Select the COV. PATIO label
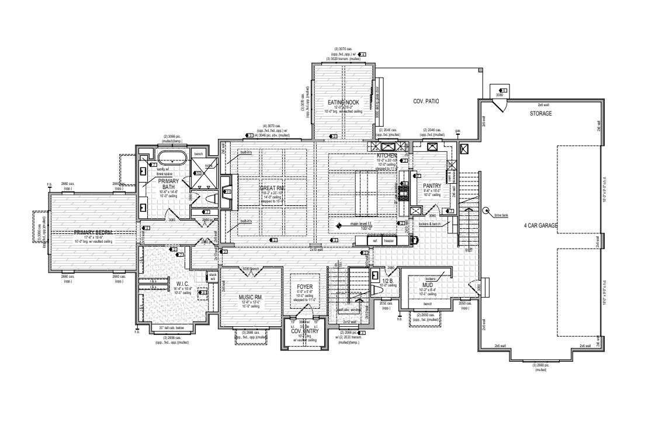click(426, 102)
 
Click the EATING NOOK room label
click(344, 103)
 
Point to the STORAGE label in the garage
click(540, 113)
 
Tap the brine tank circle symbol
click(485, 211)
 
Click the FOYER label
click(304, 287)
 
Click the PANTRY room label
click(432, 186)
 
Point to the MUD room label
click(428, 285)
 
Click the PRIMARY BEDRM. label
click(93, 232)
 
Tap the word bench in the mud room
click(428, 304)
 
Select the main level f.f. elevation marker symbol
click(338, 224)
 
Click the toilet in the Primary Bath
click(207, 198)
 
